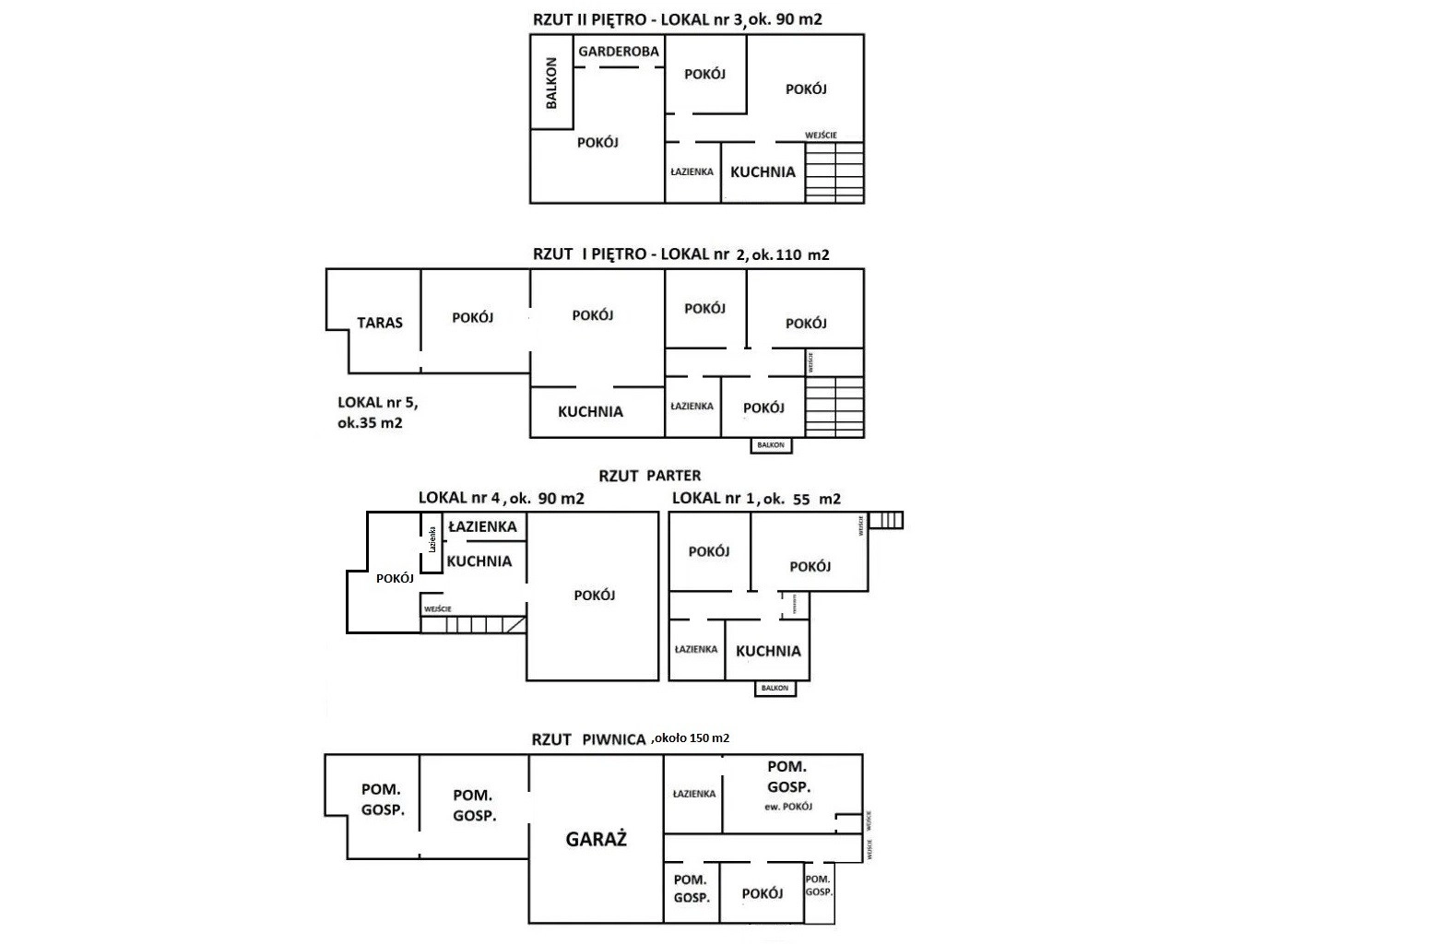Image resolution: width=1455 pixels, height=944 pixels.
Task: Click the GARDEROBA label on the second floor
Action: [x=619, y=52]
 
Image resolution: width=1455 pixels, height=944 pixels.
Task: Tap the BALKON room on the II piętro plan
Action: [x=551, y=83]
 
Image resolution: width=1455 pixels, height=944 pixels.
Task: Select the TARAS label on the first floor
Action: [x=380, y=323]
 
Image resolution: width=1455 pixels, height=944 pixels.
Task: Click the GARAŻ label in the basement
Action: [x=596, y=839]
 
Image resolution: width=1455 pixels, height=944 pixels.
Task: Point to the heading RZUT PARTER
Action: [x=649, y=476]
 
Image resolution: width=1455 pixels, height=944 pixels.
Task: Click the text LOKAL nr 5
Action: [x=377, y=402]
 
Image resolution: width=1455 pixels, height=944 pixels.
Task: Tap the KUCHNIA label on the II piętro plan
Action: [x=763, y=171]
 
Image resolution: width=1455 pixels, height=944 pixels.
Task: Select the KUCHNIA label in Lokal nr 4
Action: [x=479, y=560]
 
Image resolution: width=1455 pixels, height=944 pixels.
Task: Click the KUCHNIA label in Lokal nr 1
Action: [x=768, y=651]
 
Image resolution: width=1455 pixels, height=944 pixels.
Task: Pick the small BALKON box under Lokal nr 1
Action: [x=775, y=688]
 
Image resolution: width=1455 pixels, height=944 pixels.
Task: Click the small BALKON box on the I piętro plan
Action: [x=770, y=445]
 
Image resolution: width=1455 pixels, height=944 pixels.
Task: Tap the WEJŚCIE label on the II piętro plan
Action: [x=821, y=136]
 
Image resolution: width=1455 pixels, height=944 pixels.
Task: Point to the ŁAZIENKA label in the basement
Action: [x=693, y=794]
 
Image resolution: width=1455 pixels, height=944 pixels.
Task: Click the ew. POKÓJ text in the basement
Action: [x=788, y=807]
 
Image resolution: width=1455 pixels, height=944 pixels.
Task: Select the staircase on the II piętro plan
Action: [x=834, y=171]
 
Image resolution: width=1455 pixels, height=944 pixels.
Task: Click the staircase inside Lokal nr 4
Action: [x=472, y=624]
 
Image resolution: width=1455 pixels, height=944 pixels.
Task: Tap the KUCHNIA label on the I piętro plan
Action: [x=590, y=412]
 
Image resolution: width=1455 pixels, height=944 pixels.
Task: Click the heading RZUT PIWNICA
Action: [x=587, y=739]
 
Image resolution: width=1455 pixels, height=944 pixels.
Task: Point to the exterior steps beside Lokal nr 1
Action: [x=885, y=520]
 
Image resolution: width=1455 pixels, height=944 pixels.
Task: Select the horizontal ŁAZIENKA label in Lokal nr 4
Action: [x=481, y=526]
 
